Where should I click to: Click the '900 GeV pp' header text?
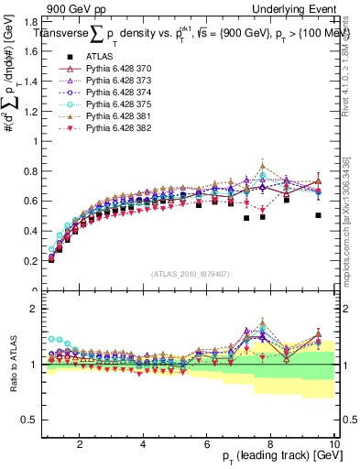[x=73, y=9]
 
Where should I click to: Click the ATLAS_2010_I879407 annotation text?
[x=189, y=273]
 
